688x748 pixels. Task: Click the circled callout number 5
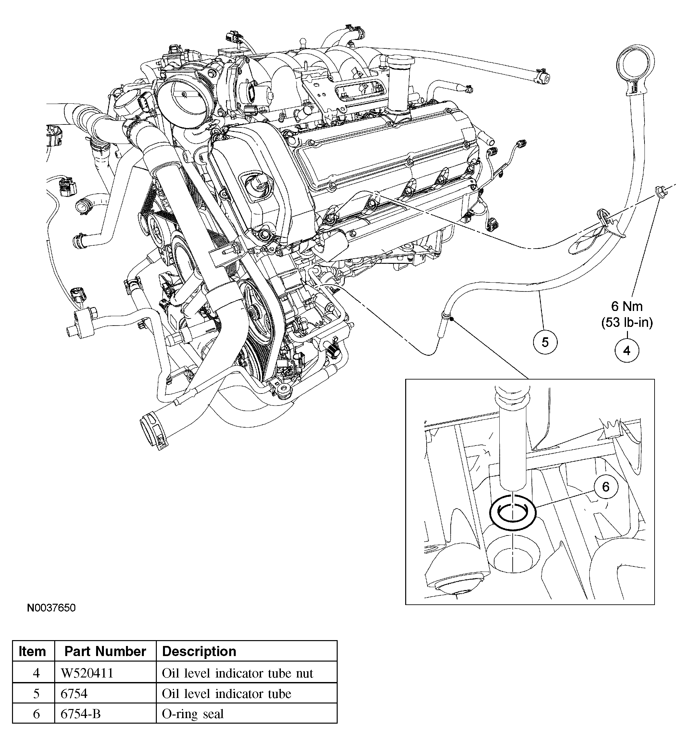[545, 342]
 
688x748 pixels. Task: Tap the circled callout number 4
[627, 351]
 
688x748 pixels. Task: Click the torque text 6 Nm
[627, 306]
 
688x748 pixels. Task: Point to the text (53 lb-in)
[627, 322]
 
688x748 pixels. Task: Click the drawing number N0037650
[51, 608]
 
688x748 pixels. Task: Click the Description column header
[199, 651]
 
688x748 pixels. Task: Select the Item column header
[32, 651]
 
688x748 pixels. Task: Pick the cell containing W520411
[87, 673]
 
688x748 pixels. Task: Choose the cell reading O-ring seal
[193, 714]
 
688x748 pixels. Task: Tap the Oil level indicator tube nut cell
[238, 673]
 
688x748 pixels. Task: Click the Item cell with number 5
[36, 694]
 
